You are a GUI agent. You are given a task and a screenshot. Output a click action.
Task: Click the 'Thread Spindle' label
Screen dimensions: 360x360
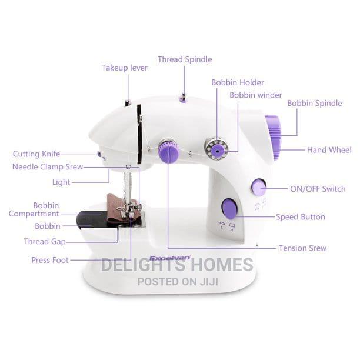pyautogui.click(x=185, y=59)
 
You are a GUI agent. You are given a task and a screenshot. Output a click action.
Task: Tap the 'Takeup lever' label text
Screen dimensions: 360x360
pyautogui.click(x=125, y=68)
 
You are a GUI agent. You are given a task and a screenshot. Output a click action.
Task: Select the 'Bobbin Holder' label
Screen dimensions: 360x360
pyautogui.click(x=238, y=82)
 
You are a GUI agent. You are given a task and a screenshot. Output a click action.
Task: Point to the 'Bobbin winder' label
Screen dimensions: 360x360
pyautogui.click(x=256, y=95)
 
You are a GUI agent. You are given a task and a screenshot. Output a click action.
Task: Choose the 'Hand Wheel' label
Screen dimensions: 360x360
pyautogui.click(x=329, y=150)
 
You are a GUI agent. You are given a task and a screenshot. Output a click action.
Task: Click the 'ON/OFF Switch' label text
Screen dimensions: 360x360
pyautogui.click(x=318, y=189)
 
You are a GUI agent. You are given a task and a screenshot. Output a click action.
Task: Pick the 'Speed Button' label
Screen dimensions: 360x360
pyautogui.click(x=301, y=217)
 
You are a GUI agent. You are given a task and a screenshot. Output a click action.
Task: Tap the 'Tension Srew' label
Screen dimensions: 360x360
pyautogui.click(x=302, y=248)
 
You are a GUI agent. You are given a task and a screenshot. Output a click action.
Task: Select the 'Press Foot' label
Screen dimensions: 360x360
pyautogui.click(x=50, y=260)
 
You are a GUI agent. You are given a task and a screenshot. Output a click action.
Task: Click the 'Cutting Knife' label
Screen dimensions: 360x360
pyautogui.click(x=36, y=154)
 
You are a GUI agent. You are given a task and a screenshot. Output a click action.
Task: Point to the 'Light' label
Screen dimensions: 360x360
pyautogui.click(x=61, y=182)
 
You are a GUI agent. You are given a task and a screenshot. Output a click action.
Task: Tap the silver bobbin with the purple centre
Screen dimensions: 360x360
pyautogui.click(x=216, y=149)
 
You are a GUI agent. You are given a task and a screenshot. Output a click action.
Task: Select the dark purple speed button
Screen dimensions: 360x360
pyautogui.click(x=229, y=209)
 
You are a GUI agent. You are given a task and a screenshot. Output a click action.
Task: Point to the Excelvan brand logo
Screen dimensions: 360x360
pyautogui.click(x=170, y=258)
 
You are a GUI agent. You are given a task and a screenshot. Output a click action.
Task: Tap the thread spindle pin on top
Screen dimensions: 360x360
pyautogui.click(x=184, y=98)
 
